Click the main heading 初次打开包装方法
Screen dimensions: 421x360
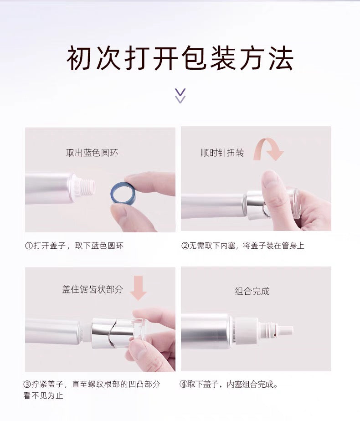[180, 58]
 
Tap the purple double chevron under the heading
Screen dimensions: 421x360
[180, 96]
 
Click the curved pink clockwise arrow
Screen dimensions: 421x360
[269, 149]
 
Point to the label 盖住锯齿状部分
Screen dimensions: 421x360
[93, 289]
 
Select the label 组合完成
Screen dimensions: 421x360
[252, 291]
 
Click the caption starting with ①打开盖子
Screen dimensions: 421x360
[74, 246]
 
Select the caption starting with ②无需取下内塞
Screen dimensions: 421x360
[242, 246]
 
